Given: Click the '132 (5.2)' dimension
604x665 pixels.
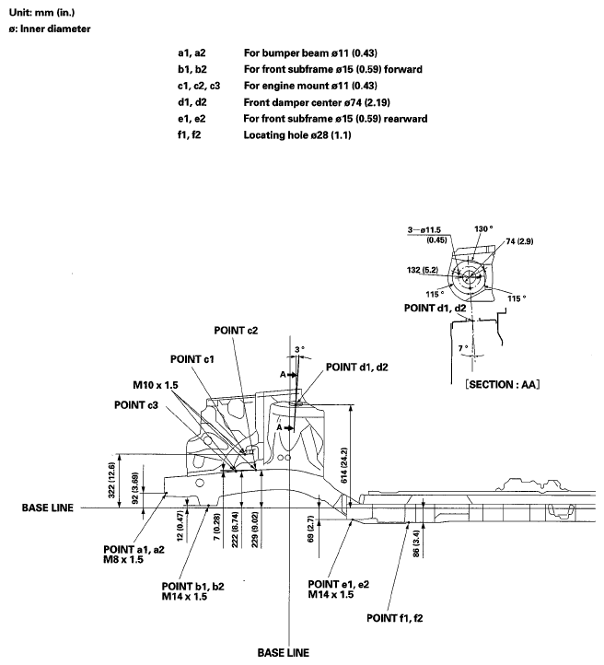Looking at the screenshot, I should (424, 270).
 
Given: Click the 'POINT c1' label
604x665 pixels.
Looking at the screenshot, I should (192, 359).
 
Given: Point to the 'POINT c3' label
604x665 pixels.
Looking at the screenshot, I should (137, 403).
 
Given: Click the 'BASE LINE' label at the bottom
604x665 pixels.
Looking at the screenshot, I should (284, 650).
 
